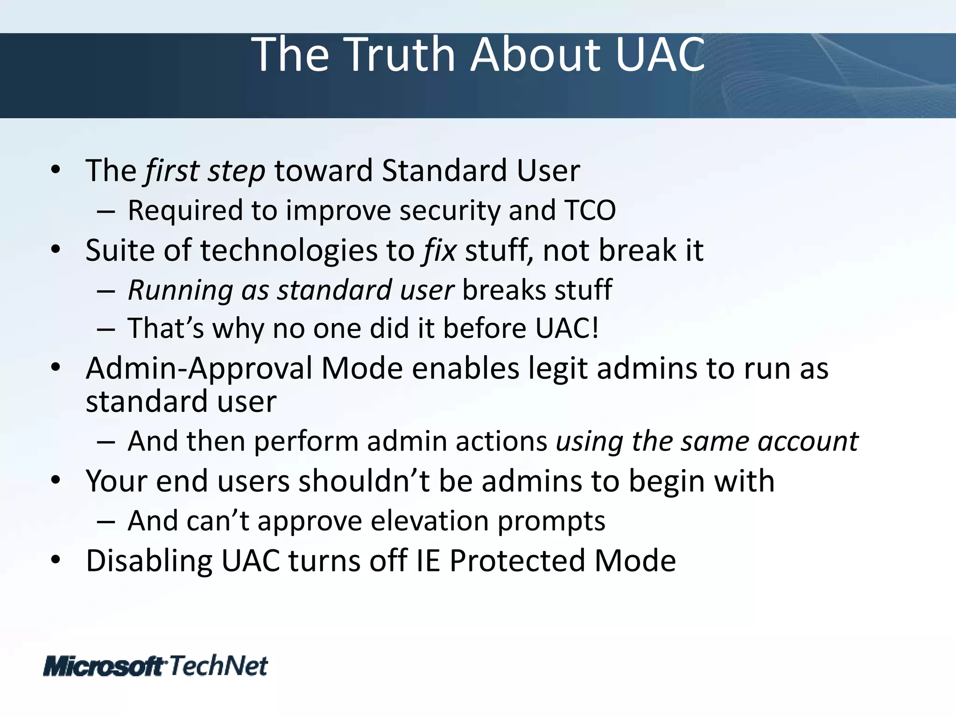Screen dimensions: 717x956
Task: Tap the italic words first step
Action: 205,171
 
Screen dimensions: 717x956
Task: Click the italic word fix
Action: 439,251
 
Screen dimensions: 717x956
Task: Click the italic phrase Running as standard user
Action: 290,290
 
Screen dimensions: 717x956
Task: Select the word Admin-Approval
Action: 198,369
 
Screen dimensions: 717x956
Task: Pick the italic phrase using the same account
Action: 707,441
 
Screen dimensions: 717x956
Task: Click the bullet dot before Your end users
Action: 56,481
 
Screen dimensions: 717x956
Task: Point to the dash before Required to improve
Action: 106,211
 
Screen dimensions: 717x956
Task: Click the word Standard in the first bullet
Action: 444,171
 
